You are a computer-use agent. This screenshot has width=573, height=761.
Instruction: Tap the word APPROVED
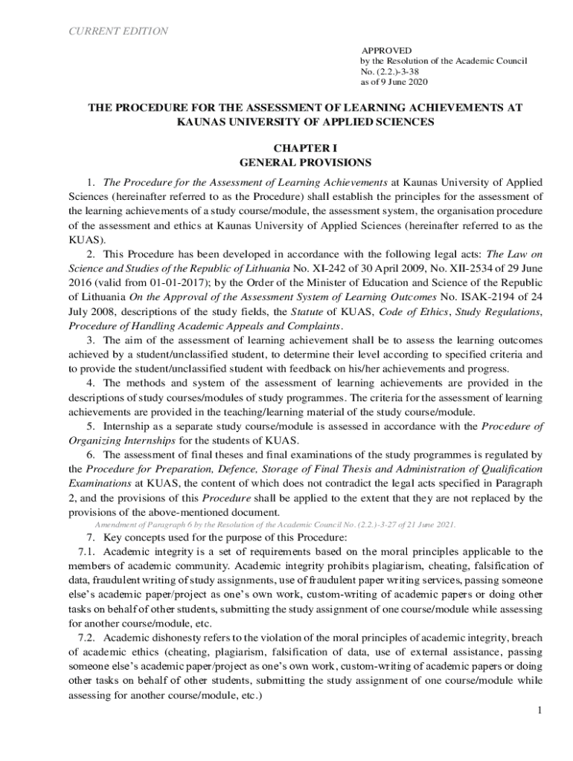click(x=385, y=49)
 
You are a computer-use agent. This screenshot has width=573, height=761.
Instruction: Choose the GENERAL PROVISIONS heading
click(x=305, y=161)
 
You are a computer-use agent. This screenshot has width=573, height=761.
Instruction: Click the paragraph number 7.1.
click(x=88, y=551)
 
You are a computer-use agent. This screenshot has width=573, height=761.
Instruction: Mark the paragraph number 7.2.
click(x=88, y=638)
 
